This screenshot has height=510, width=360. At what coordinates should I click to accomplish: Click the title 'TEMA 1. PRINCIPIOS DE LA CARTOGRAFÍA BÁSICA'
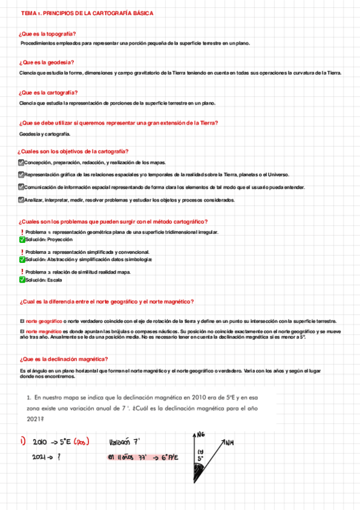coord(87,13)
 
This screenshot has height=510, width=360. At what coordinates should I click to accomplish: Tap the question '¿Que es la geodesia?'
coord(47,63)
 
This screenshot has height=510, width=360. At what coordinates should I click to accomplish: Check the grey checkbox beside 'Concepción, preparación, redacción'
coord(22,162)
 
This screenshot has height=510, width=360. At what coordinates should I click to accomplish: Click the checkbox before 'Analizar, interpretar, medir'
coord(22,200)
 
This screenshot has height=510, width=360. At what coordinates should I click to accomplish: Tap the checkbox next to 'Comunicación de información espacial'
coord(22,187)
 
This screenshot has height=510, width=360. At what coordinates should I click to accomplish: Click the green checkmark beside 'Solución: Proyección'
coord(22,239)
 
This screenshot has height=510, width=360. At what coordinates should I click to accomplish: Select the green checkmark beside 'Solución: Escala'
coord(22,280)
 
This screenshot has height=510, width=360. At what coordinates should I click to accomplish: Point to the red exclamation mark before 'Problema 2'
coord(22,252)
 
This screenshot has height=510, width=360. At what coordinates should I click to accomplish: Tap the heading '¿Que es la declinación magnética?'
coord(64,359)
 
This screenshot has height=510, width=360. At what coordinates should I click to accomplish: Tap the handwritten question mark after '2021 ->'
coord(58,458)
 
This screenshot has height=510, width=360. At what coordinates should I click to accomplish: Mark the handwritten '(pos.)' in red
coord(78,443)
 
